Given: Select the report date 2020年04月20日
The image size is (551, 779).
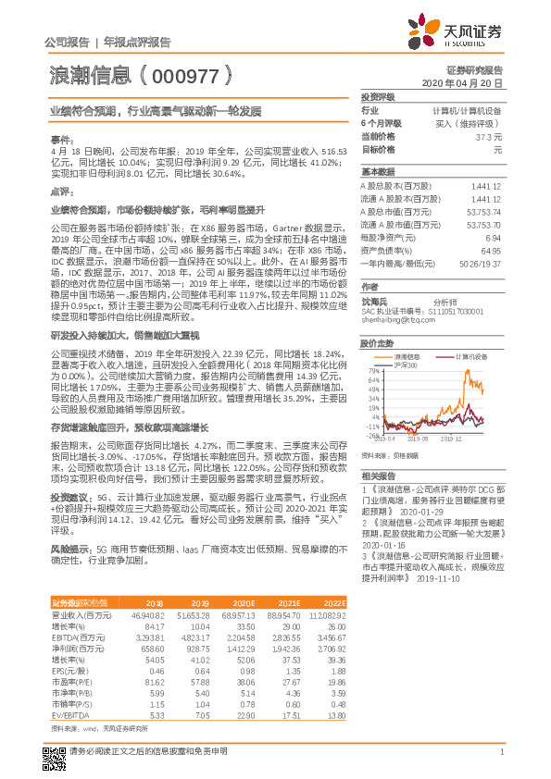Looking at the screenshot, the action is pyautogui.click(x=468, y=82).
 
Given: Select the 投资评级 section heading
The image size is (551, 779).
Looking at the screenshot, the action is pyautogui.click(x=378, y=96).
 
